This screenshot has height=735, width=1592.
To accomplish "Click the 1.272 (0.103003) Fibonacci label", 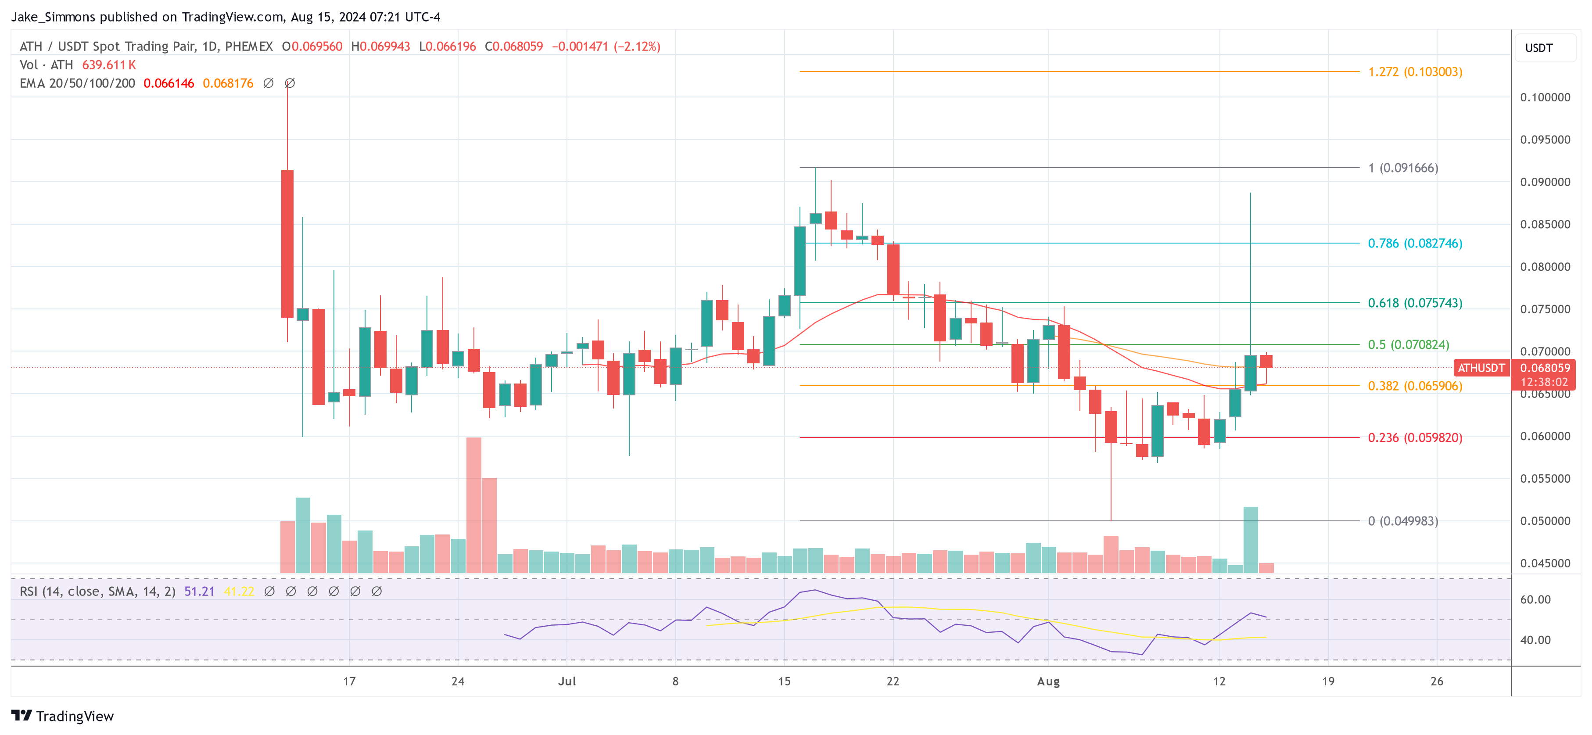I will click(x=1415, y=72).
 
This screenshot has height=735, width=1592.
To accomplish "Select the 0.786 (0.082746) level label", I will click(x=1415, y=243).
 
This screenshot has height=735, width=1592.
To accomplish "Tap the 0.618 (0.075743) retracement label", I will click(x=1415, y=303).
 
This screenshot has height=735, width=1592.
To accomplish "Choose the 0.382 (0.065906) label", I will click(x=1415, y=386).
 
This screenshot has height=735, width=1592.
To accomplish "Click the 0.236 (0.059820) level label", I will click(x=1415, y=437).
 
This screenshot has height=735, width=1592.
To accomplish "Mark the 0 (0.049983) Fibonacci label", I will click(x=1402, y=521).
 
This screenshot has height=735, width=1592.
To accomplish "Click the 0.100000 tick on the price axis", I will click(x=1545, y=97).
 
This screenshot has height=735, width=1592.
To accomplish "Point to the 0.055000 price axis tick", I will click(x=1545, y=478).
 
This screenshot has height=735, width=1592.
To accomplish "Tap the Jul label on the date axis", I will click(x=567, y=681).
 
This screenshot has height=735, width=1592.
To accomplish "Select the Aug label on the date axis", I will click(x=1048, y=681).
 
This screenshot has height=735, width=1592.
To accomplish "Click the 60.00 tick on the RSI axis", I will click(x=1535, y=599).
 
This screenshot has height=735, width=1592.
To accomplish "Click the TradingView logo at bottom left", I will click(x=62, y=716).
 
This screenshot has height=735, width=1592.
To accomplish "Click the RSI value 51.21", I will click(x=199, y=592).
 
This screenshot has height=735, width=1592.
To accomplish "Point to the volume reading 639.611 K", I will click(x=109, y=65).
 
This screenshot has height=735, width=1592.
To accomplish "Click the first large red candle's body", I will click(x=287, y=244).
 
